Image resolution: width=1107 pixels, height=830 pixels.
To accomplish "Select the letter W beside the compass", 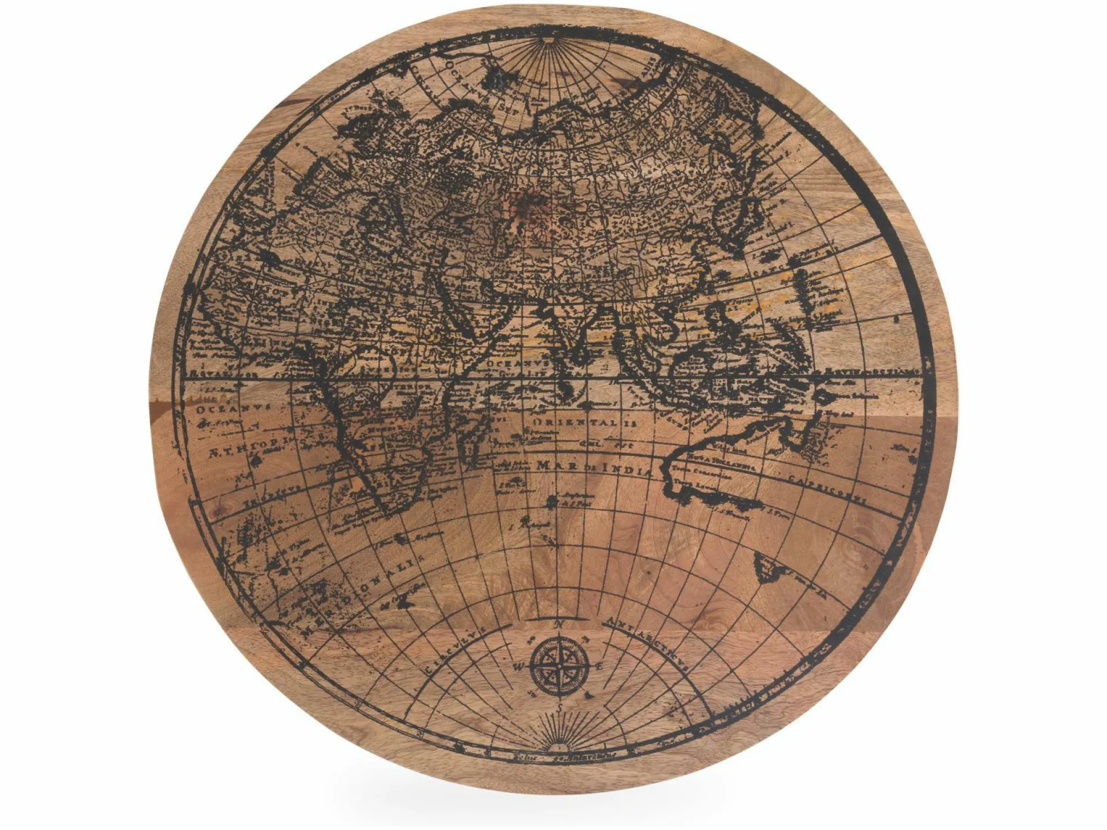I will point(519,667).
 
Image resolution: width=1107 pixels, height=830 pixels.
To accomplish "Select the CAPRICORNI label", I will point(827,489).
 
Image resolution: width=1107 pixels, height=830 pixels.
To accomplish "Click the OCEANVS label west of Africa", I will point(231,409).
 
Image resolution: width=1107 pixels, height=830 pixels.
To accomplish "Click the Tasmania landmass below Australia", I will point(767,565).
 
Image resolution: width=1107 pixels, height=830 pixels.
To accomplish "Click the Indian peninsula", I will point(576,331).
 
